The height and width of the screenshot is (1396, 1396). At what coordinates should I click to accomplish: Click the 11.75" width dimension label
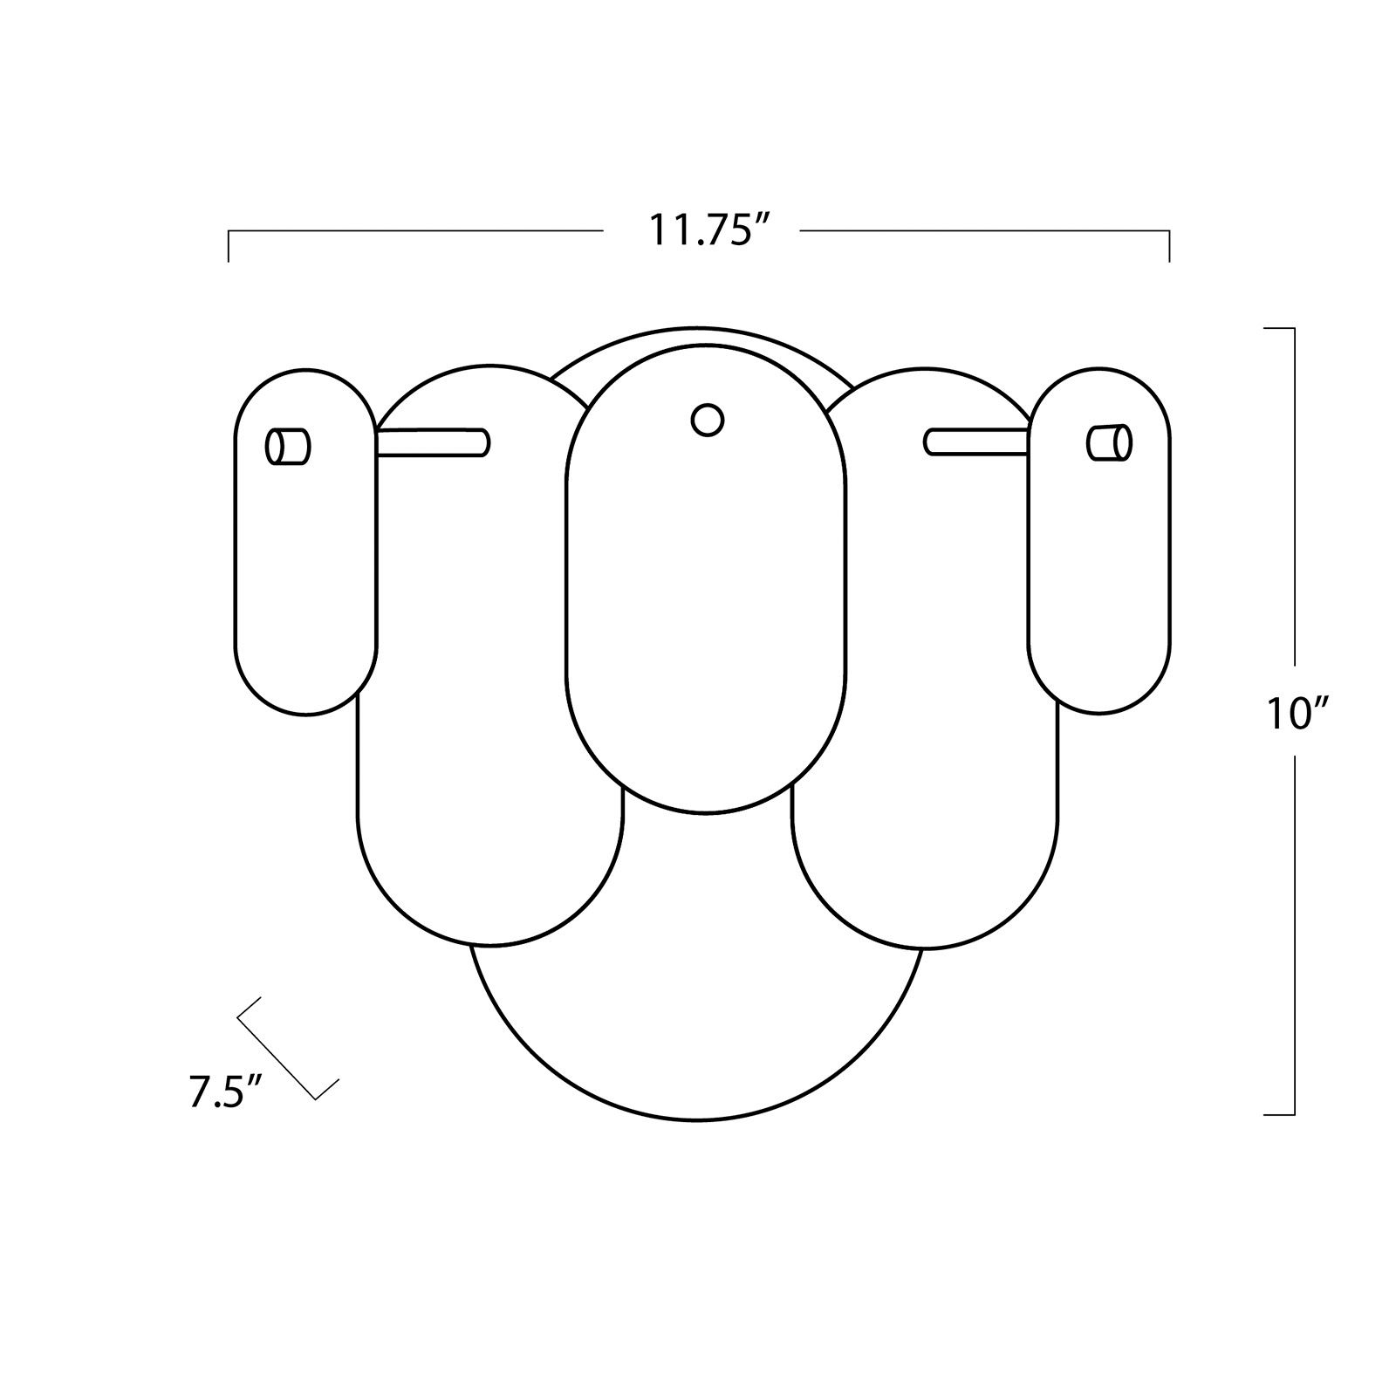click(701, 230)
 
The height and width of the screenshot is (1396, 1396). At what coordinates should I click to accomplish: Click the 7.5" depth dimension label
click(214, 1093)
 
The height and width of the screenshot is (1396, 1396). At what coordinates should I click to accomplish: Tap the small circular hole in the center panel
click(707, 420)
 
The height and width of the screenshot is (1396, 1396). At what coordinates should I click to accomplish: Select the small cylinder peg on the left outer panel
click(288, 446)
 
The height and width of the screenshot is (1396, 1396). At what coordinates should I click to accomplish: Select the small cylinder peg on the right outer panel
click(1109, 441)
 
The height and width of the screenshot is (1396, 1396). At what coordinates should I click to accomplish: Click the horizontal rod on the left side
click(433, 442)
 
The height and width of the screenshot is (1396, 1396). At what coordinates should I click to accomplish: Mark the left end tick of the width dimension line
click(229, 245)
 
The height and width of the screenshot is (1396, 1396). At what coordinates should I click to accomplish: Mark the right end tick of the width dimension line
click(1169, 245)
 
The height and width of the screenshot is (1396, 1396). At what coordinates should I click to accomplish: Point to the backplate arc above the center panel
click(698, 335)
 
